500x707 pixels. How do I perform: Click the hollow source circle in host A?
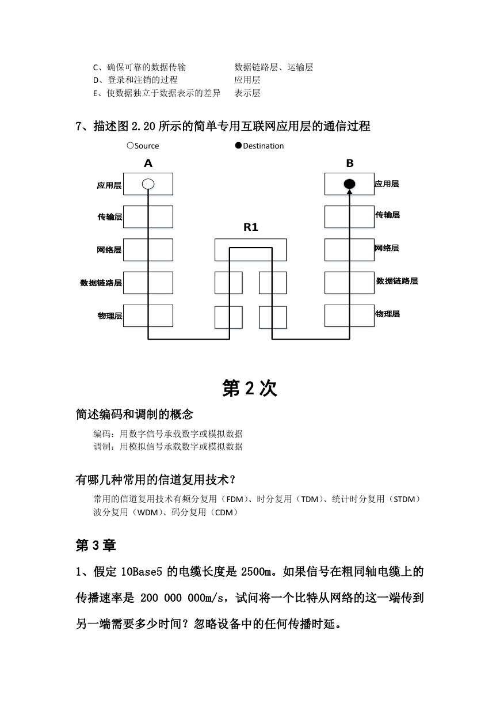coord(148,184)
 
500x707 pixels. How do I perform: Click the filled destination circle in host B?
coord(349,184)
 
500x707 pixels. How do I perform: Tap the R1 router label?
coord(251,227)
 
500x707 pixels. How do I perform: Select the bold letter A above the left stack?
coord(148,163)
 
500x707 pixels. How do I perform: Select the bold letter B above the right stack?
coord(349,163)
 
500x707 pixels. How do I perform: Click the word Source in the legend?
coord(147,146)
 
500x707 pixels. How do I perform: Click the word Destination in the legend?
coord(264,146)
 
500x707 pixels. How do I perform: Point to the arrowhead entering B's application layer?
coord(349,192)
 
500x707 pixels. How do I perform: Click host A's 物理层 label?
coord(110,316)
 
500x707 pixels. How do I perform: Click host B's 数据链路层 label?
coord(397,281)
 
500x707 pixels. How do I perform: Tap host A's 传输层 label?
coord(110,217)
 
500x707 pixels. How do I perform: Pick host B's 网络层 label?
coord(387,248)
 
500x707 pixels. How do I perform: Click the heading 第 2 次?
coord(250,388)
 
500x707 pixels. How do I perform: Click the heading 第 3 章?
coord(96,545)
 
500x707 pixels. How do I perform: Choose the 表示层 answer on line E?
coord(247,93)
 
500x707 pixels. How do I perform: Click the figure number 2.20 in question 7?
coord(143,126)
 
